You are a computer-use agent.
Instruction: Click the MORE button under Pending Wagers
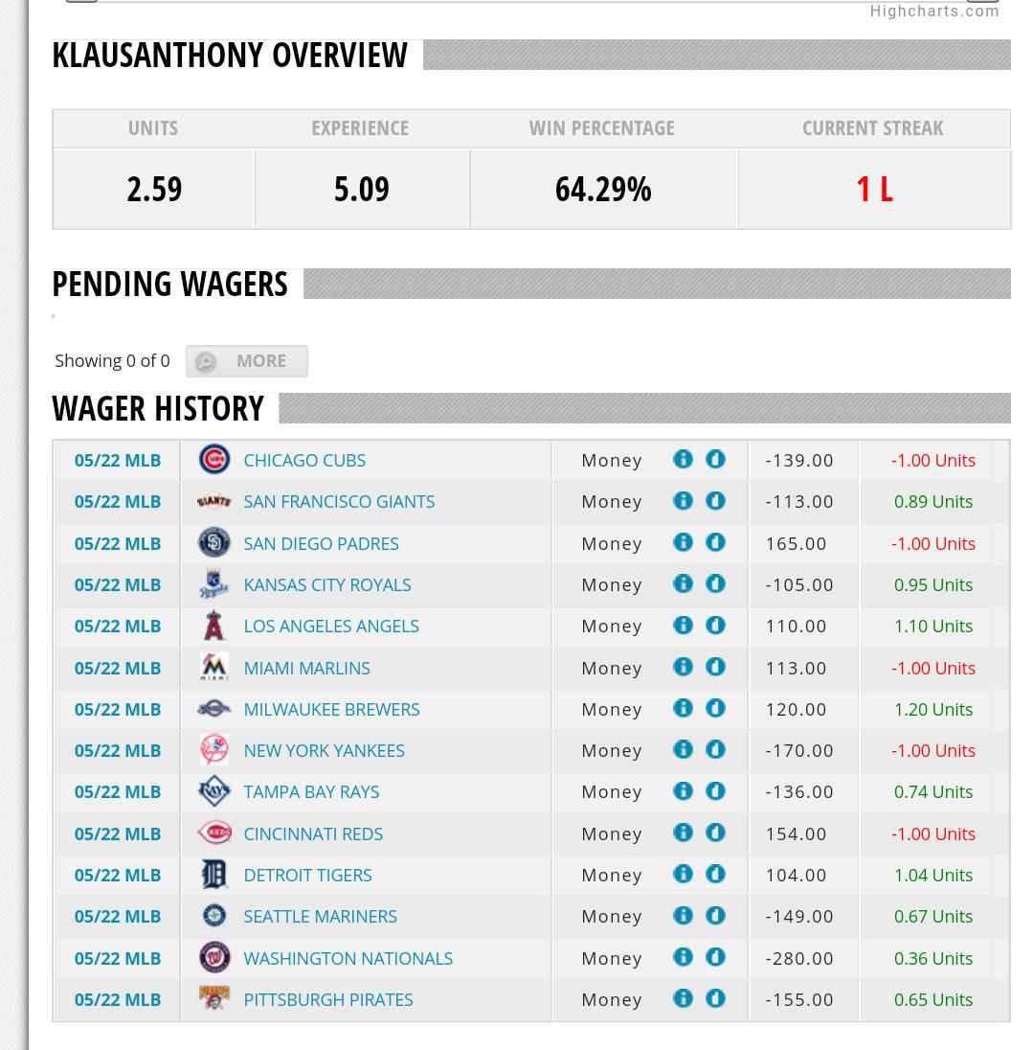coord(247,361)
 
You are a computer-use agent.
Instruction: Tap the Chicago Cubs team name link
coord(304,461)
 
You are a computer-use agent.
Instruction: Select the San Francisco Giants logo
coord(214,501)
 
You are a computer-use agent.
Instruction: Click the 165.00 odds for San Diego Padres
coord(797,543)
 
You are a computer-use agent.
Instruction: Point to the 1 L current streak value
coord(874,190)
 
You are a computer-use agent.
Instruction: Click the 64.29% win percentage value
coord(603,190)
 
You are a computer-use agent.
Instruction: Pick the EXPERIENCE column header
coord(360,128)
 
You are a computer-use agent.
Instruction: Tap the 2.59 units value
coord(154,190)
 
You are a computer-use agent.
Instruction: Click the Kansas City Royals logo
coord(214,584)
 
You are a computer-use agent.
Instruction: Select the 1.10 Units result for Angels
coord(933,627)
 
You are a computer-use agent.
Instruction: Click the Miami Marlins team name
coord(306,669)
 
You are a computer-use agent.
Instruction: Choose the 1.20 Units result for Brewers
coord(933,709)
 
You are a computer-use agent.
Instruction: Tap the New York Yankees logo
coord(214,750)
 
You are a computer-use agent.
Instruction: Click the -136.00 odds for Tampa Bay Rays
coord(799,792)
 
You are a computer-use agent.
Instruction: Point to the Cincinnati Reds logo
coord(214,833)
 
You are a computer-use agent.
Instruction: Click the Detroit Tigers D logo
coord(214,875)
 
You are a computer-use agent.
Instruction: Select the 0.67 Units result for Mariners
coord(933,916)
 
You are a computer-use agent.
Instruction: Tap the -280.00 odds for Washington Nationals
coord(799,958)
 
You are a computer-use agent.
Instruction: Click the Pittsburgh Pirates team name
coord(327,1000)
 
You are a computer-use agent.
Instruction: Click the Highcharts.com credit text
coord(934,11)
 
